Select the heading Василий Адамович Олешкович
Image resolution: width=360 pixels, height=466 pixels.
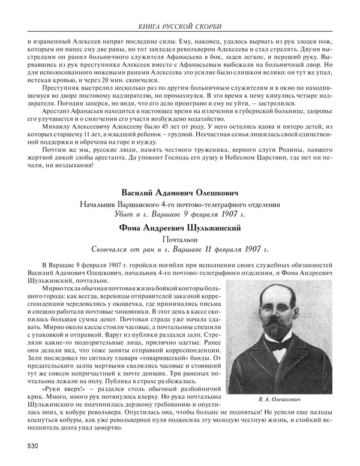180,194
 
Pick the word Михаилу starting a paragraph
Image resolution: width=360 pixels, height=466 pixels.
55,137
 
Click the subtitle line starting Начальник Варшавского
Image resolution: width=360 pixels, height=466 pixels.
180,205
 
